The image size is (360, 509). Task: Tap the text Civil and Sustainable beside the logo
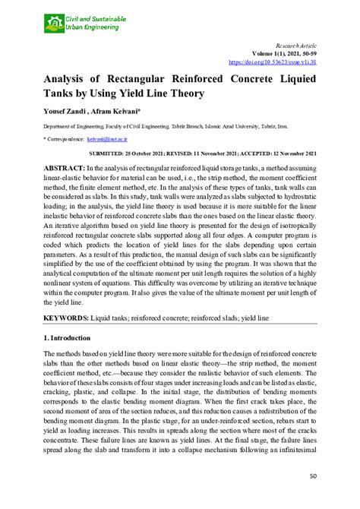coord(94,18)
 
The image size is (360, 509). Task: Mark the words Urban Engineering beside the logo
coord(91,27)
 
